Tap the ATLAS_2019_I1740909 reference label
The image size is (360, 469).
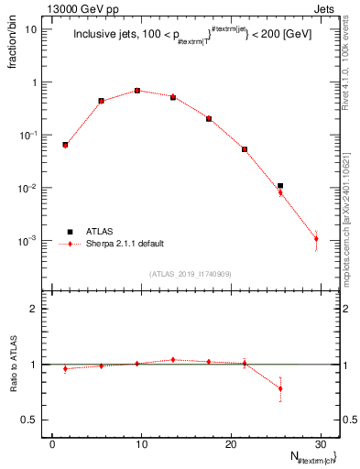191,274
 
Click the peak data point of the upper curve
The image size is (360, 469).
137,91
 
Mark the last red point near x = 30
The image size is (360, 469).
316,239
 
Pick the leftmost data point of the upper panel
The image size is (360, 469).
65,145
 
